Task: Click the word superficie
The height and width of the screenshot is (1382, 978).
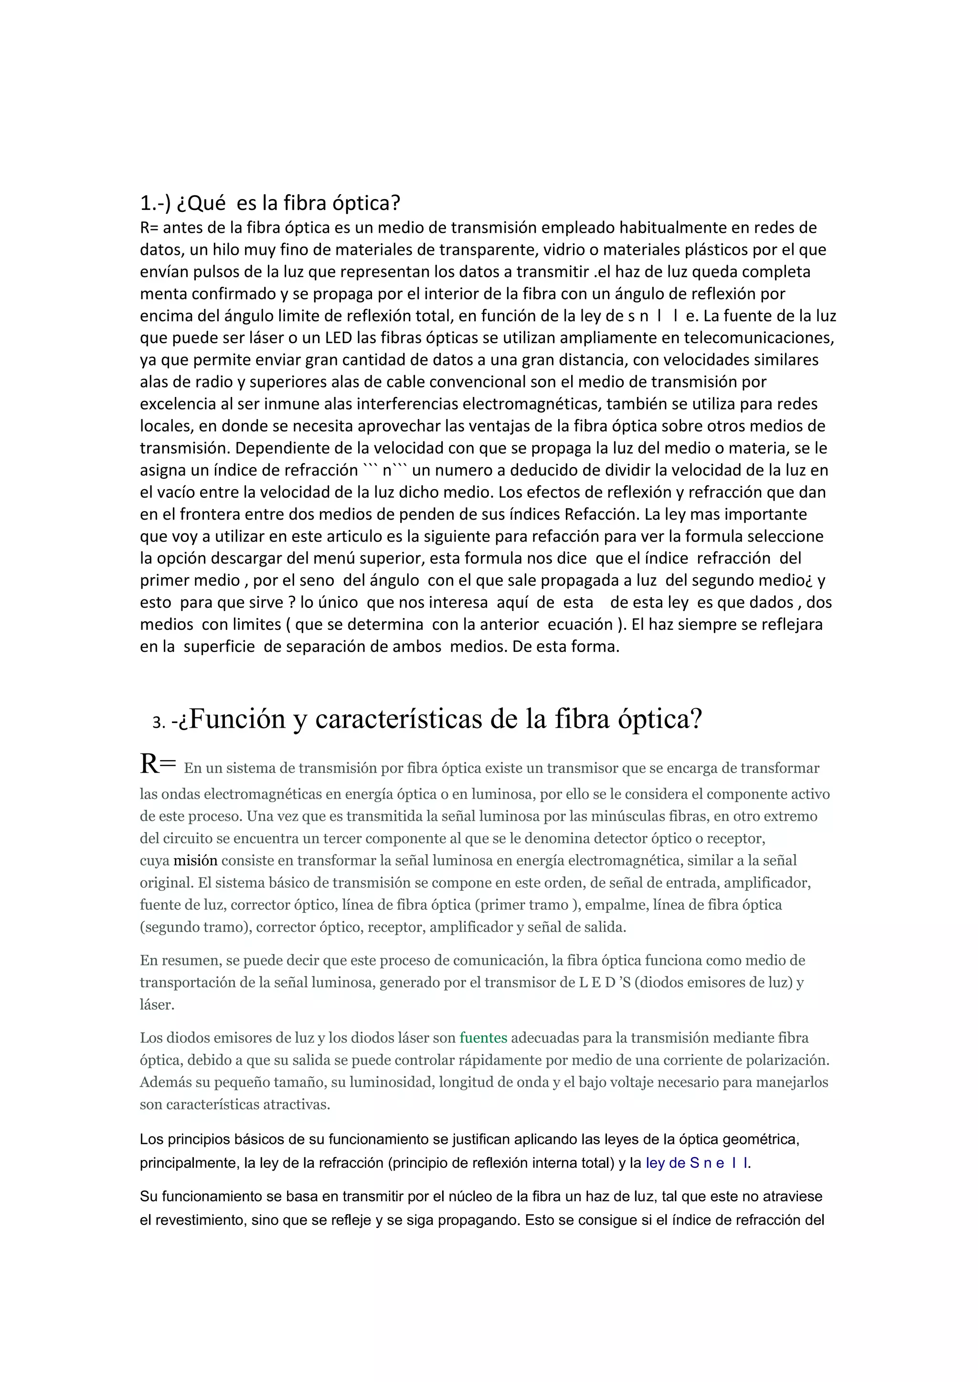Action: (219, 647)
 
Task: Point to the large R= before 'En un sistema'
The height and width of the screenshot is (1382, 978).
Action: (158, 764)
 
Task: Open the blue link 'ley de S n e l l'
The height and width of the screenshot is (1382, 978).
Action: (697, 1163)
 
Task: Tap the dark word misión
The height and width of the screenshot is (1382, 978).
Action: (195, 861)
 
